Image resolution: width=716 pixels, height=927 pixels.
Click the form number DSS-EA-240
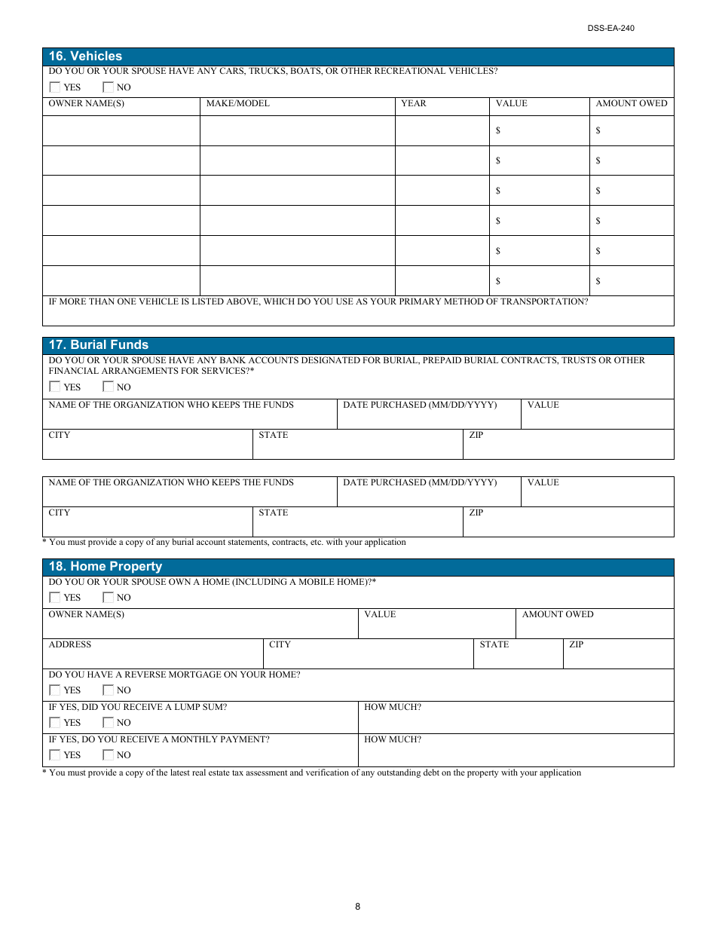tap(610, 28)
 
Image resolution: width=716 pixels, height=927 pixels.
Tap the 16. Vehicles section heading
tap(85, 57)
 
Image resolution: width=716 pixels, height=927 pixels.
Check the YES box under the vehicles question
tap(55, 87)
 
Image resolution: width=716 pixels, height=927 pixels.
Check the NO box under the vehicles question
tap(109, 87)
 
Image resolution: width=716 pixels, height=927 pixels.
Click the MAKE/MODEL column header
tap(237, 103)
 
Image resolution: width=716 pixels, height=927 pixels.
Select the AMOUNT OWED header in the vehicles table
tap(631, 103)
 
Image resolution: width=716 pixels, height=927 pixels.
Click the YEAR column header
tap(413, 103)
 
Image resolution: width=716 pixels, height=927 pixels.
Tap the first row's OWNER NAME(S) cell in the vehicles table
tap(121, 131)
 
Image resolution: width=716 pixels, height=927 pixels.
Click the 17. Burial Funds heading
tap(99, 345)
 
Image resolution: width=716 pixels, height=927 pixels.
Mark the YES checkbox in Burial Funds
tap(55, 387)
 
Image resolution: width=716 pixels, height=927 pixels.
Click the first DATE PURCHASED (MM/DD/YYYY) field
tap(428, 415)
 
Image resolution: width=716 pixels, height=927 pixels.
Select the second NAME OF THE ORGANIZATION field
tap(188, 492)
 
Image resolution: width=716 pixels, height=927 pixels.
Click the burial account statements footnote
tap(224, 542)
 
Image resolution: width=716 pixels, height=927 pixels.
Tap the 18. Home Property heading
tap(106, 567)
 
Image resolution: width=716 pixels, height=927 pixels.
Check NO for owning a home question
tap(109, 597)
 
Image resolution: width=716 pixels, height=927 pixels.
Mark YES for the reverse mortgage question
tap(55, 690)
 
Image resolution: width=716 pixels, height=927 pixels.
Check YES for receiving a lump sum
tap(55, 722)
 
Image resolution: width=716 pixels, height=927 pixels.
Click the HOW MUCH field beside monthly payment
tap(516, 751)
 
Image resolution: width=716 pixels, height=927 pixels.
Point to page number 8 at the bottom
tap(357, 907)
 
